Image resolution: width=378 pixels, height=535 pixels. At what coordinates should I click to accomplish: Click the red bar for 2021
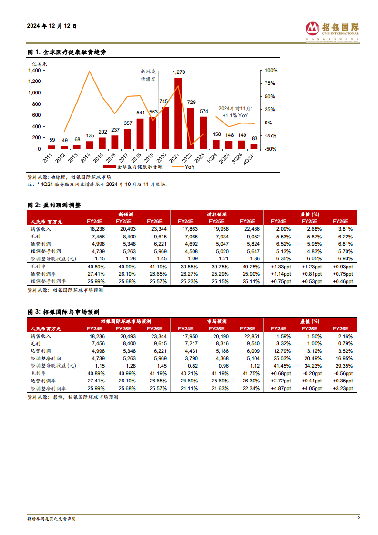[x=178, y=113]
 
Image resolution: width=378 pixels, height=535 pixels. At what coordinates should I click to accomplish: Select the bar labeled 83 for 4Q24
[x=254, y=146]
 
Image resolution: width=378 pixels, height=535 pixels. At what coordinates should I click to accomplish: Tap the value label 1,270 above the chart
[x=179, y=72]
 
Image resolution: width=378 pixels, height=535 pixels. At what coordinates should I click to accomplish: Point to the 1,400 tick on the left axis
[x=34, y=70]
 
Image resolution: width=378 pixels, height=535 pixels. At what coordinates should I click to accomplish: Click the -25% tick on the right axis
[x=271, y=135]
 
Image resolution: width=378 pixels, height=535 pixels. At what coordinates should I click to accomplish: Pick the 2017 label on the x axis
[x=123, y=158]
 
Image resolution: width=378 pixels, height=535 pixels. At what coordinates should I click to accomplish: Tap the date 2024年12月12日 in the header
[x=52, y=26]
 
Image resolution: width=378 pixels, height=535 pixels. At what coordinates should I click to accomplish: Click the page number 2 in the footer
[x=358, y=518]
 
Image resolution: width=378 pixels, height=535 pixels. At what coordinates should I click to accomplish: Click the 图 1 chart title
[x=67, y=52]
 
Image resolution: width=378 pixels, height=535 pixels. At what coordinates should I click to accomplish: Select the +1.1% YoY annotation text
[x=235, y=116]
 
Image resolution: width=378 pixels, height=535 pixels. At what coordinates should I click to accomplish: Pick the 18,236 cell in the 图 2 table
[x=97, y=229]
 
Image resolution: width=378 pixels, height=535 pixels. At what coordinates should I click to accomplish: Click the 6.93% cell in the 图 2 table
[x=346, y=258]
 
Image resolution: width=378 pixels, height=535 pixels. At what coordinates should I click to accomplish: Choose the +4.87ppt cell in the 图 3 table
[x=281, y=388]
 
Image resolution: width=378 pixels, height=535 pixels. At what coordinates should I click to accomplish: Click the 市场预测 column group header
[x=217, y=321]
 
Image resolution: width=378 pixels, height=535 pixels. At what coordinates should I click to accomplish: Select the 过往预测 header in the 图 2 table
[x=217, y=214]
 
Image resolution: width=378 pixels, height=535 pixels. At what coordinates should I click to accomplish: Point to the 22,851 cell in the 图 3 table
[x=252, y=337]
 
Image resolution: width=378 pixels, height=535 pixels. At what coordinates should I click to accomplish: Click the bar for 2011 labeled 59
[x=51, y=147]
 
